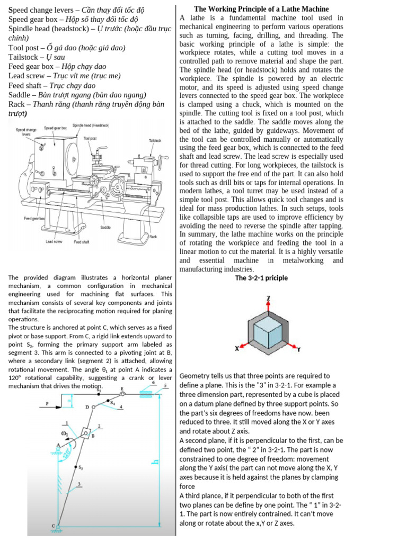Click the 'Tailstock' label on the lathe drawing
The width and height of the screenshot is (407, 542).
pos(154,141)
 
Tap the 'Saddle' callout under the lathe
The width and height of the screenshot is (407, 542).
pos(105,227)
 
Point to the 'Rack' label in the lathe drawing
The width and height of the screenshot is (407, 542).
pos(153,237)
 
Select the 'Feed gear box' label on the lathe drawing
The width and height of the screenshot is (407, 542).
pos(34,218)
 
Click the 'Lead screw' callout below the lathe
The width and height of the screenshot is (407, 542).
pos(54,242)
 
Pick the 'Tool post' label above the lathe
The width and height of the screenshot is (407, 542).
pos(90,138)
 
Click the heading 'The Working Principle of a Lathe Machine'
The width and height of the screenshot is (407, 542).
pos(261,9)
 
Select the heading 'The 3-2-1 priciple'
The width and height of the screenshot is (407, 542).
pos(261,278)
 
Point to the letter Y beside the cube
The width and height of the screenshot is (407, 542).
pos(298,349)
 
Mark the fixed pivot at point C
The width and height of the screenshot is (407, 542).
pos(59,526)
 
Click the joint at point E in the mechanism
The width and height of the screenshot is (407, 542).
pos(121,394)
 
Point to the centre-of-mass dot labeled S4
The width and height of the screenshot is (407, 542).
pos(110,401)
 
